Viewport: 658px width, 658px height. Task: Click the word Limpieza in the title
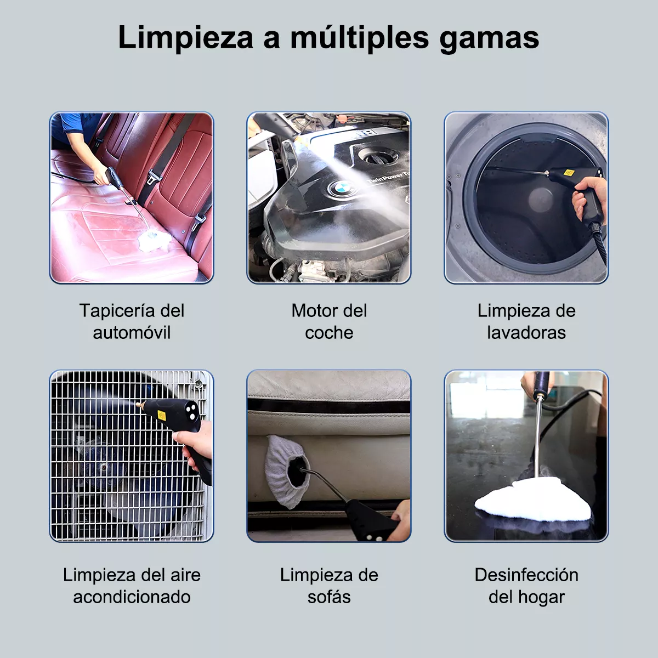tap(185, 37)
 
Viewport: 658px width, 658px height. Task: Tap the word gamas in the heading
tap(489, 37)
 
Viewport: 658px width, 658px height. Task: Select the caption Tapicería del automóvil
tap(132, 321)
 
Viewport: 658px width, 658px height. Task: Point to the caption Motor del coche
tap(329, 321)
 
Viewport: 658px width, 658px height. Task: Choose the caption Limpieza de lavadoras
tap(526, 321)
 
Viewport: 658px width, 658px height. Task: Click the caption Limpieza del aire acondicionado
tap(132, 586)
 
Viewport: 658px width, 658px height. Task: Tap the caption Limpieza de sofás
tap(329, 586)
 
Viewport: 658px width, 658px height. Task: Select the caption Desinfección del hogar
tap(526, 586)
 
